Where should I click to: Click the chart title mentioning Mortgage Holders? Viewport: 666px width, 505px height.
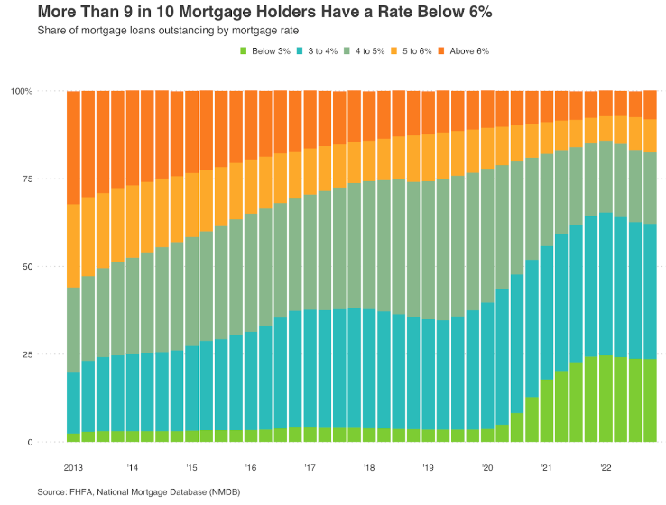(264, 12)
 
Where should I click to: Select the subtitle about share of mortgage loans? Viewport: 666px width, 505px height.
(168, 31)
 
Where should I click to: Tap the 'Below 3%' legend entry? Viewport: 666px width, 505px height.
(265, 50)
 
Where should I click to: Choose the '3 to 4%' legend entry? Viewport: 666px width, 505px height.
(317, 50)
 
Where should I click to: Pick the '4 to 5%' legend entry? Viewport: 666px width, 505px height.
(364, 50)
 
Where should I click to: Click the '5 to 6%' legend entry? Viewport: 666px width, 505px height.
(412, 50)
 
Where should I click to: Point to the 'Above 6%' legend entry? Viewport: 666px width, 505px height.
(463, 50)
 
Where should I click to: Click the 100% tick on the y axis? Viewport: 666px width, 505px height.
(22, 91)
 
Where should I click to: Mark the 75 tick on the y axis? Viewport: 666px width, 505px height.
(28, 179)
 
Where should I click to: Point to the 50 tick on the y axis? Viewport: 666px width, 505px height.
(28, 267)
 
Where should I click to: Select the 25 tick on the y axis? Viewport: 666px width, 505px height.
(28, 354)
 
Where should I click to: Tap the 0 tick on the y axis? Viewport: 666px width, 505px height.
(30, 442)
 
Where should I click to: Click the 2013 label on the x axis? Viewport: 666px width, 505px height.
(73, 468)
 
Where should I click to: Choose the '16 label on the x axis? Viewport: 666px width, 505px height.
(251, 468)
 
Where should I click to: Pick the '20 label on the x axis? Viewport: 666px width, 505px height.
(487, 468)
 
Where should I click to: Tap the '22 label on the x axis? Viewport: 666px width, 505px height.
(606, 468)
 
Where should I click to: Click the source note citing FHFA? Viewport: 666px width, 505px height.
(139, 492)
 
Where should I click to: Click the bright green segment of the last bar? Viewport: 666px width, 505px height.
(651, 400)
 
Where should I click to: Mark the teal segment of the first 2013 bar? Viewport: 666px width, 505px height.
(73, 403)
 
